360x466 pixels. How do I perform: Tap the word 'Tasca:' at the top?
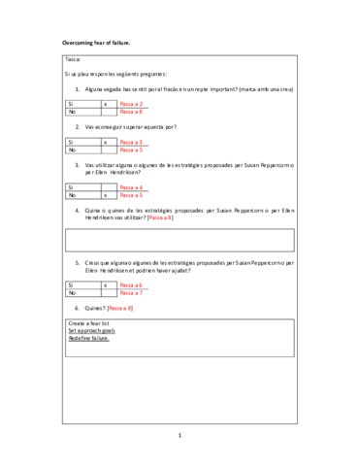(x=73, y=60)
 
